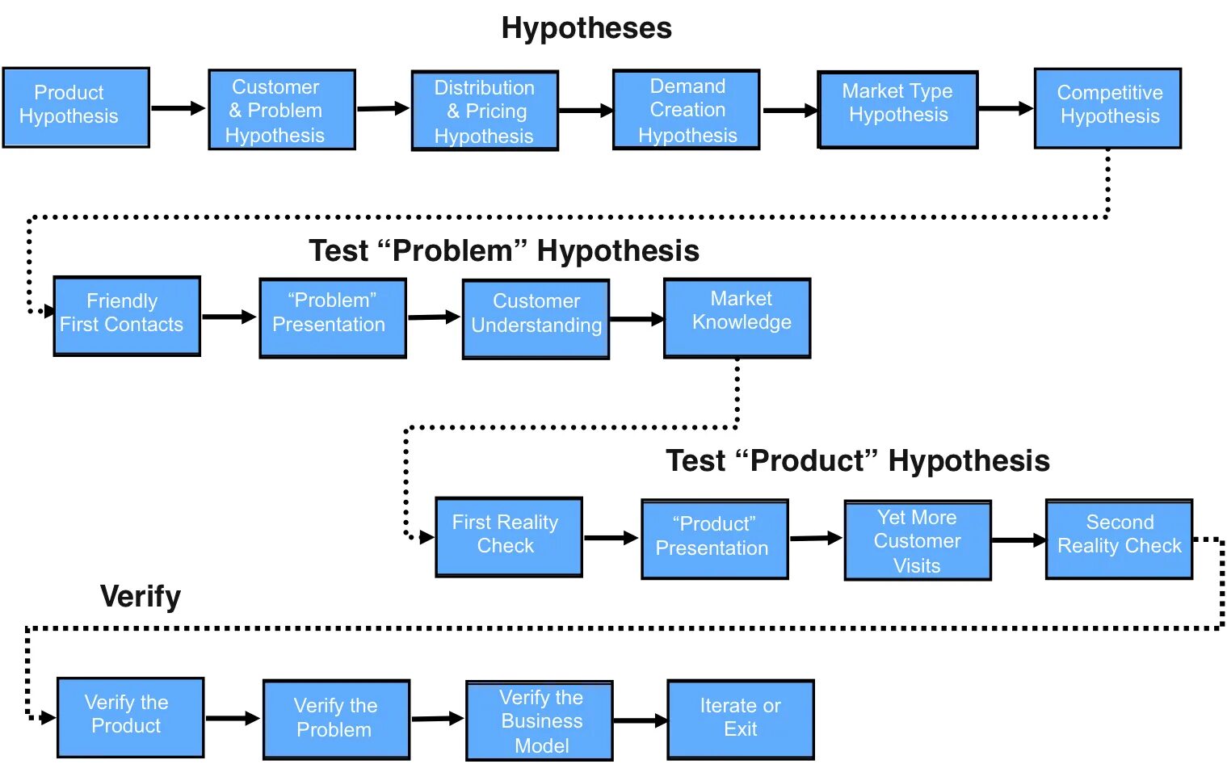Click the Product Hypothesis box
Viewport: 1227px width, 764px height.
click(76, 107)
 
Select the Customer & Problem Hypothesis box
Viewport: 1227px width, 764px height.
click(281, 110)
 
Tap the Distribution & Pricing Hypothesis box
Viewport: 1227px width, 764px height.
click(485, 111)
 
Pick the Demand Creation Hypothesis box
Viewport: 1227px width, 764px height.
click(686, 110)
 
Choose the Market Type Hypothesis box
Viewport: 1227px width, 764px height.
click(897, 110)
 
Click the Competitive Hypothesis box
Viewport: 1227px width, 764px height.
click(1107, 108)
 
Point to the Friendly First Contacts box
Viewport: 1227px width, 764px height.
click(127, 316)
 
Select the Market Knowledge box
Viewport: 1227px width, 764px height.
click(737, 318)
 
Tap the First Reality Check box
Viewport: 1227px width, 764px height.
click(509, 537)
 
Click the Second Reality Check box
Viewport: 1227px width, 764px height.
click(1119, 539)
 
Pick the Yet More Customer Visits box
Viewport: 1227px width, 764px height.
click(918, 540)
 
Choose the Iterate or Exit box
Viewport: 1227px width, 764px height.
click(740, 720)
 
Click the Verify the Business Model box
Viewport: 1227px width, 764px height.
click(540, 720)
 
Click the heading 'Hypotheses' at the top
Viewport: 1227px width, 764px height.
click(586, 28)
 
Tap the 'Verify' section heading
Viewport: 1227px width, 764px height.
click(141, 597)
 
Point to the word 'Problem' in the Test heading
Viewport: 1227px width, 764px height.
click(452, 251)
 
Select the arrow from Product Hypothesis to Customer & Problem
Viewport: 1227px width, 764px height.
click(179, 108)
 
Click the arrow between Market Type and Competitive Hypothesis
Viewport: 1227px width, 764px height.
click(1006, 108)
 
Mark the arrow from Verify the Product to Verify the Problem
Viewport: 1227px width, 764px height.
click(233, 718)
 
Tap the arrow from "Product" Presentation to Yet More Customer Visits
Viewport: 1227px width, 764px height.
click(816, 538)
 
